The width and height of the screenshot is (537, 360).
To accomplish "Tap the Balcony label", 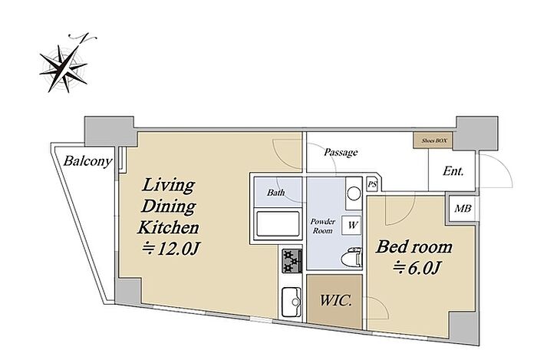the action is point(87,161).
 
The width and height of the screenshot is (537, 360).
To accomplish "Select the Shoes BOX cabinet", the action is point(433,140).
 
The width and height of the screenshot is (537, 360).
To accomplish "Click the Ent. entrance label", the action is point(453,171).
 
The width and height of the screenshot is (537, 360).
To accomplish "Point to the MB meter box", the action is point(463,208).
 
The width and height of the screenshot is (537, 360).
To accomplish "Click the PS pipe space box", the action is point(372,185).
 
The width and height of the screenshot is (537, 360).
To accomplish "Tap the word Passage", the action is point(341,152).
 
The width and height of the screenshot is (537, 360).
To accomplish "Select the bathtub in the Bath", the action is point(278,224).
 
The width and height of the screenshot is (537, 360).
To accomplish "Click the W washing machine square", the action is point(351,226).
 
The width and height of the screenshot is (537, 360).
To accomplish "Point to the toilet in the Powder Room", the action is point(351,256).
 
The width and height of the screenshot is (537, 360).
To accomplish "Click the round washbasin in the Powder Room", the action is point(354,194).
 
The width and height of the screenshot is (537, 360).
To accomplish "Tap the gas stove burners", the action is point(292,261).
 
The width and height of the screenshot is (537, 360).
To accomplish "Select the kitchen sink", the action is point(292,302).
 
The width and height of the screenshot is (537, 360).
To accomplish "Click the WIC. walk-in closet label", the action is point(336,301).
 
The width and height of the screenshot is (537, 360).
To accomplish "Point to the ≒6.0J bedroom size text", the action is point(416,268).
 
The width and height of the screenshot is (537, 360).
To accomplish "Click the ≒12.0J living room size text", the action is point(171,249).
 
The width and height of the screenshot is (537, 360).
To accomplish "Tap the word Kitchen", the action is point(168,227).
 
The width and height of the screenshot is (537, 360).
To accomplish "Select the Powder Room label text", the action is point(323,226).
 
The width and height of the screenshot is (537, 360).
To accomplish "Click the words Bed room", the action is point(413,247).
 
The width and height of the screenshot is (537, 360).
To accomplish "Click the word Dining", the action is point(169,206).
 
